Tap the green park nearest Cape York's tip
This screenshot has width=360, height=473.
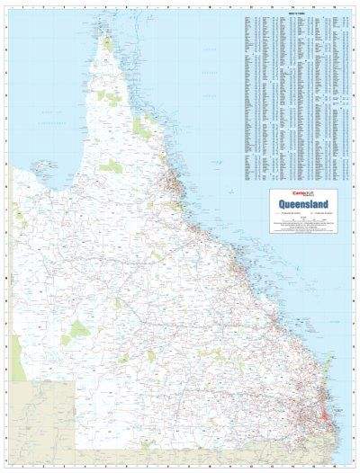108,43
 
